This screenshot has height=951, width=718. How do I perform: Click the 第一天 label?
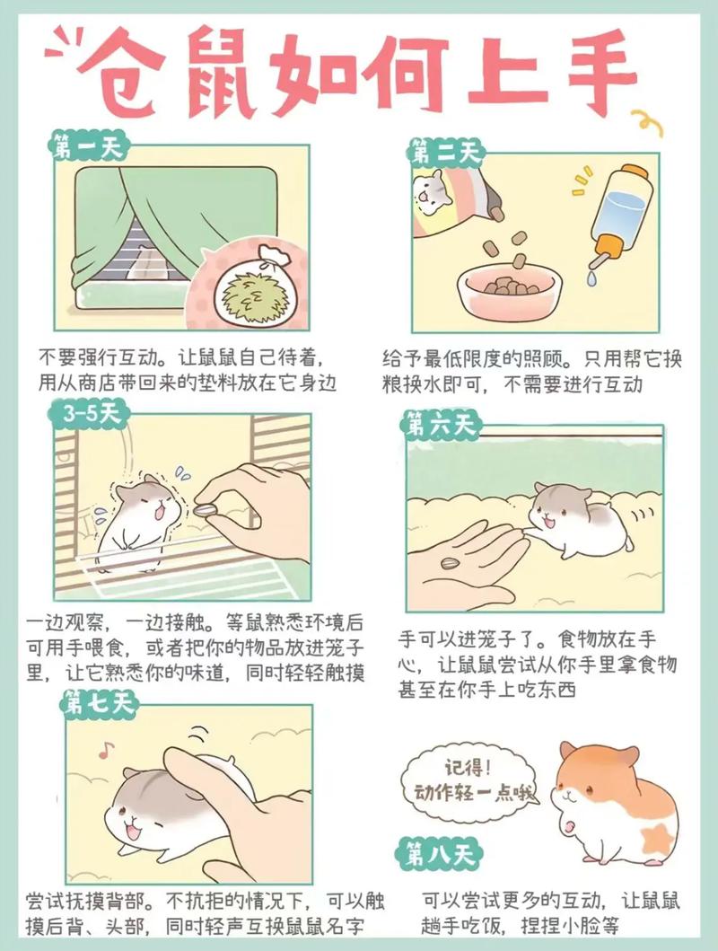coord(91,147)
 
